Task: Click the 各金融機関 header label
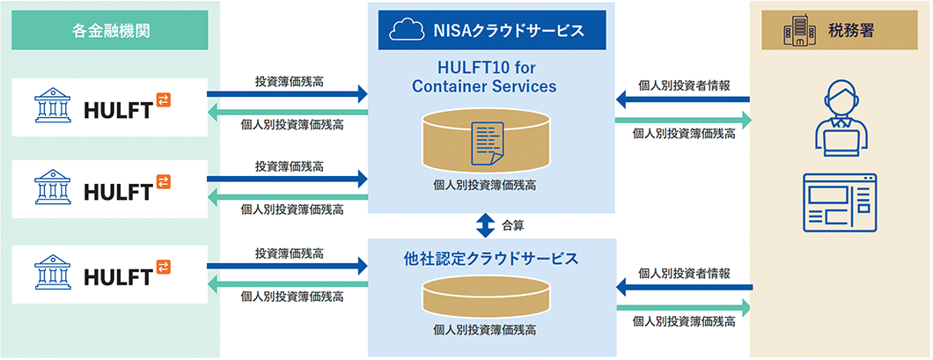110,30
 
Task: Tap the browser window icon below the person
841,202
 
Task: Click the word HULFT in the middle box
115,191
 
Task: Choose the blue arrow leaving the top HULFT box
287,92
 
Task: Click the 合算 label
513,225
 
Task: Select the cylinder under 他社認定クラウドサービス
486,296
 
